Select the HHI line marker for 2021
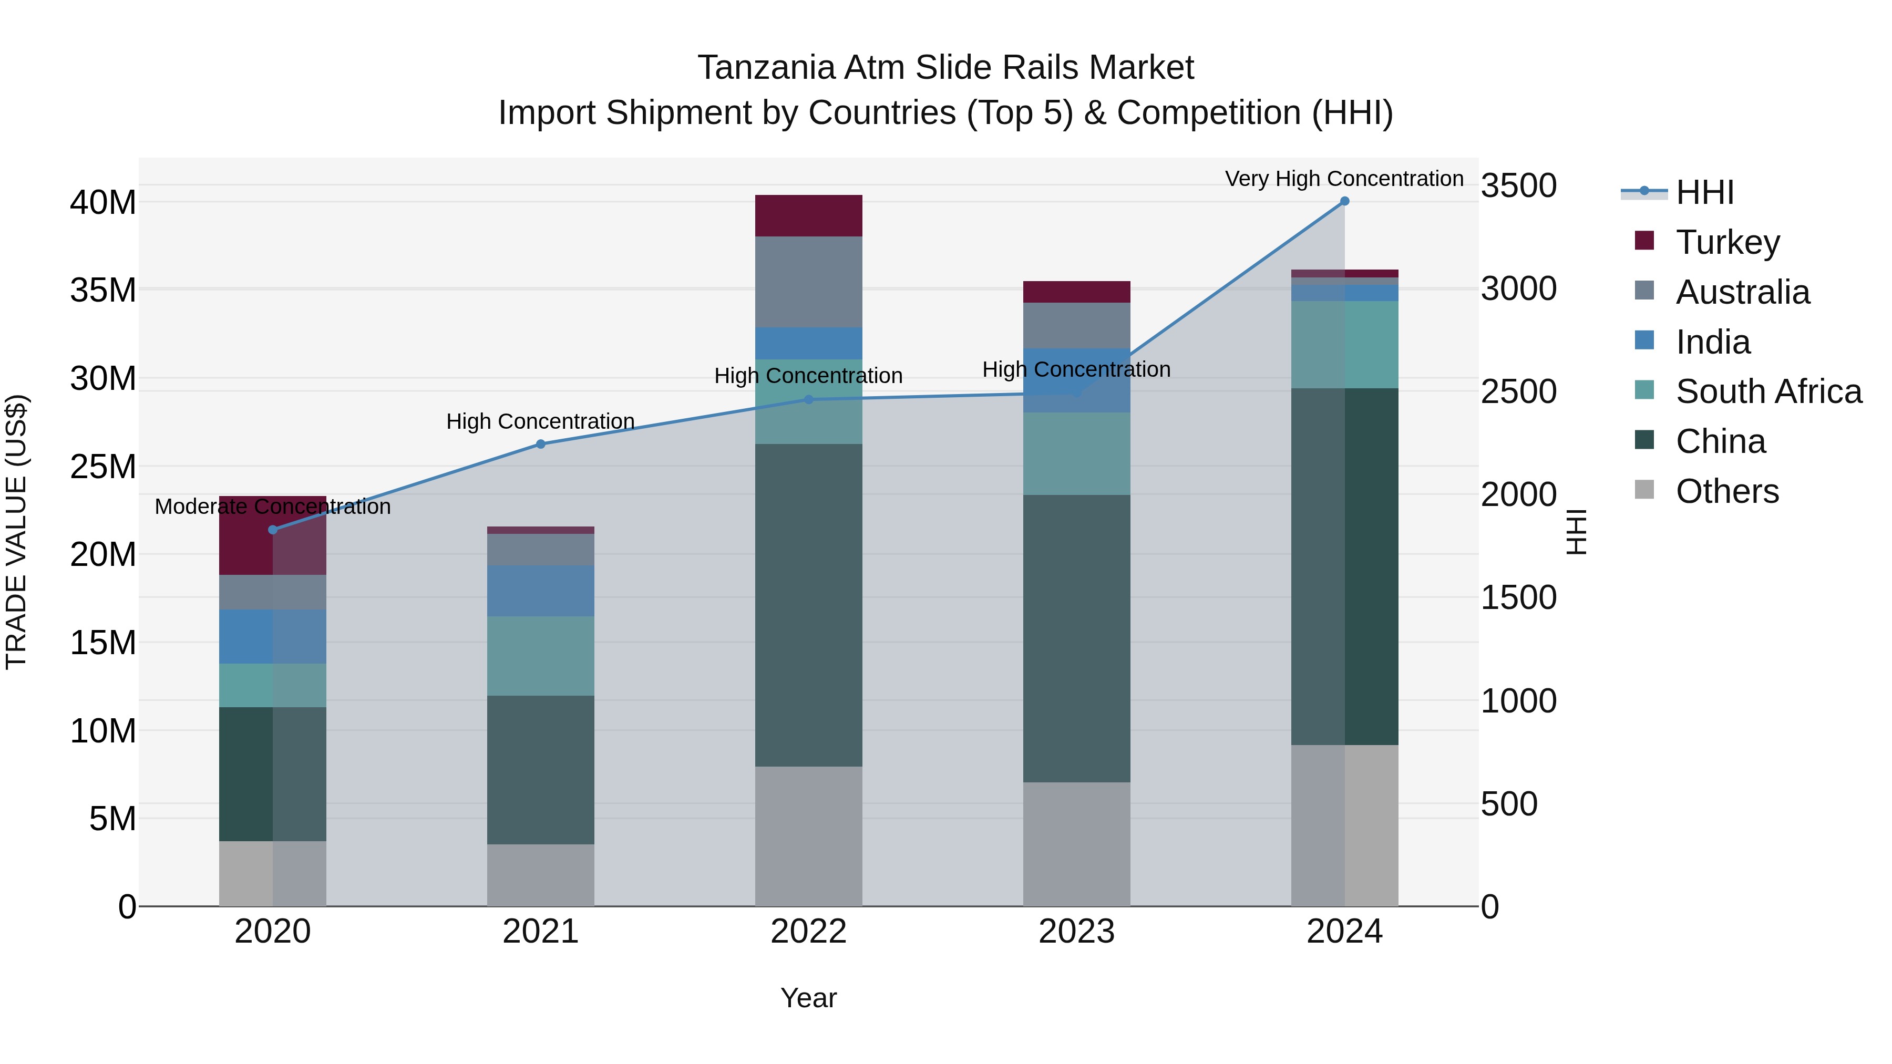pos(541,444)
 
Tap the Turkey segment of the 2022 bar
pos(809,216)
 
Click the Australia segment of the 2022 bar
pos(809,282)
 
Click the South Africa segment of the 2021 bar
pos(541,656)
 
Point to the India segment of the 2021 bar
pos(541,591)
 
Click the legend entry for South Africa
pos(1768,391)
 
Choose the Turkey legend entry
pos(1728,242)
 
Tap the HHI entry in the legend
pos(1704,192)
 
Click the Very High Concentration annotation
pos(1344,179)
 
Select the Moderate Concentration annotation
pos(272,507)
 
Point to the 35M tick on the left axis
pos(103,291)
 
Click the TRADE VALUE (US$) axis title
pos(16,532)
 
